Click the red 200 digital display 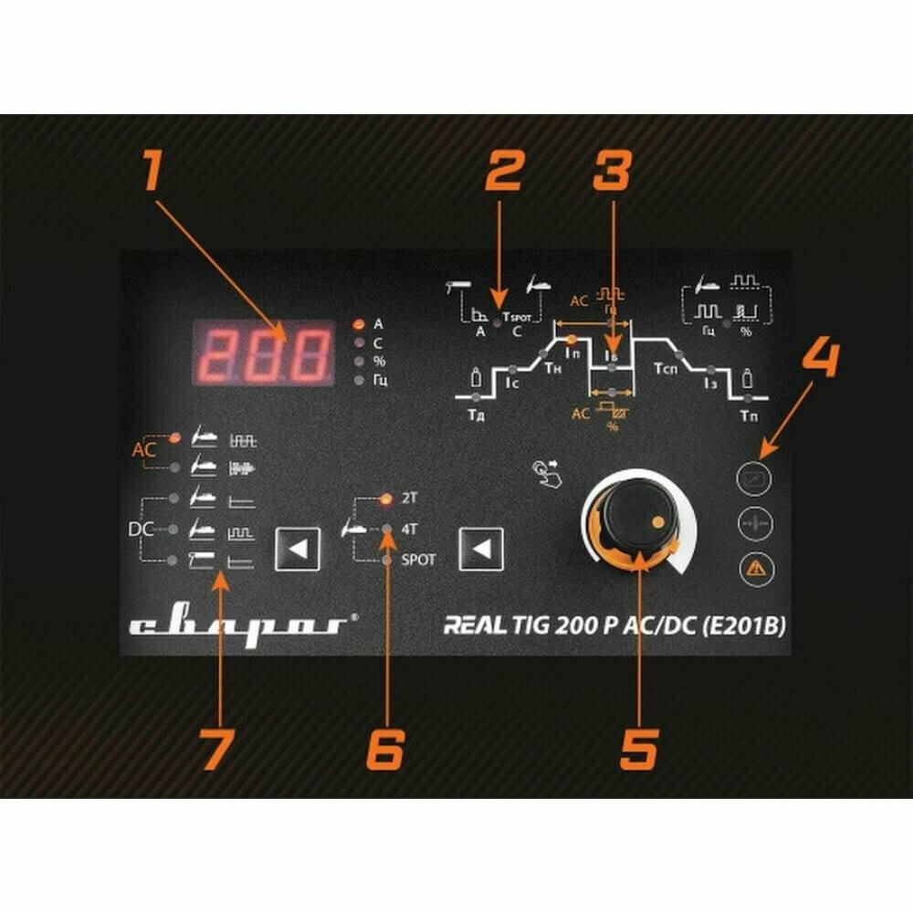pos(263,352)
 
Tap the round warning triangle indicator pos(754,568)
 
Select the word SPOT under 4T pos(419,559)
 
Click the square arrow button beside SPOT pos(481,549)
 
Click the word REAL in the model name pos(474,626)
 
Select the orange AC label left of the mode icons pos(145,450)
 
